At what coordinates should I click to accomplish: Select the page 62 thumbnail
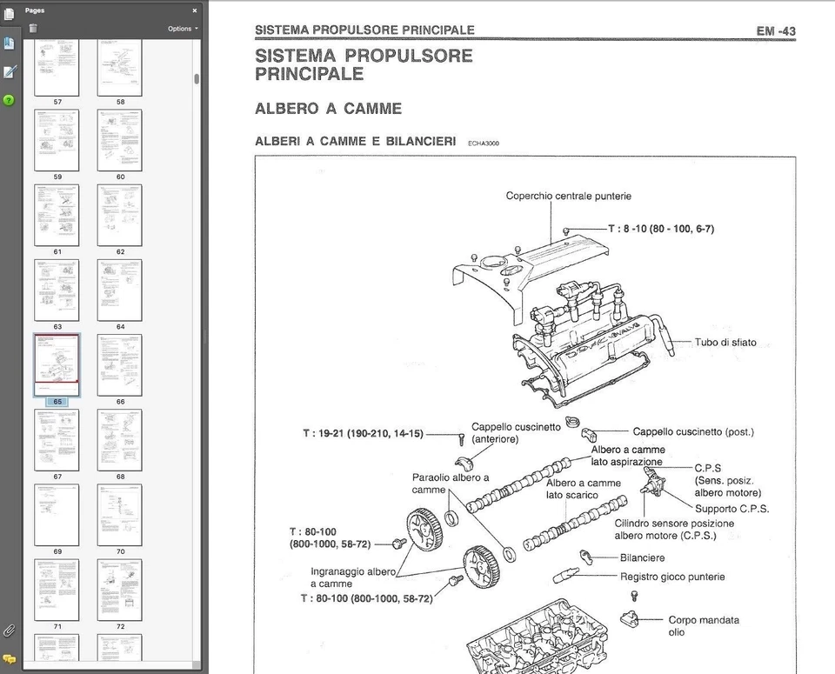tap(119, 215)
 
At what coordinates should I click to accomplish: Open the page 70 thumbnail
tap(119, 514)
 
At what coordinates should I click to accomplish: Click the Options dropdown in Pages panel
tap(182, 29)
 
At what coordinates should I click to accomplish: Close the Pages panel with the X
tap(194, 10)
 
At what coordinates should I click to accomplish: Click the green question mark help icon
tap(9, 100)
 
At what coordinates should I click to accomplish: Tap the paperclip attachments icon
tap(9, 630)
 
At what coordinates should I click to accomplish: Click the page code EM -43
tap(775, 30)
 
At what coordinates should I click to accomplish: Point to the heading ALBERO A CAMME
tap(328, 109)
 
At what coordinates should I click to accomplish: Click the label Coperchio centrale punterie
tap(568, 196)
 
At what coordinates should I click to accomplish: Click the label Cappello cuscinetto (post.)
tap(692, 431)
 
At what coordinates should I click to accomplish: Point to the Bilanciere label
tap(642, 557)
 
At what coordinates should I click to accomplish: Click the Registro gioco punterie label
tap(671, 576)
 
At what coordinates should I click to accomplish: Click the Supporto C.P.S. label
tap(731, 509)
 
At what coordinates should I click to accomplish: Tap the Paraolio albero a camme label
tap(450, 484)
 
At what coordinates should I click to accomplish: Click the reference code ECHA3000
tap(483, 143)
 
